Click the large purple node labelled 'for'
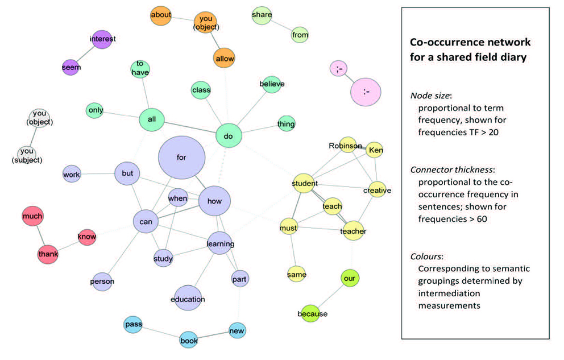(181, 156)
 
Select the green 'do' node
(229, 136)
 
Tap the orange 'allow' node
(224, 59)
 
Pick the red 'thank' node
(48, 254)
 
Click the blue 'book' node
(189, 341)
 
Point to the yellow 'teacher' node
(353, 231)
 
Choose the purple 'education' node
(188, 299)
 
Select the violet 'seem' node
(72, 67)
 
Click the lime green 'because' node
(312, 313)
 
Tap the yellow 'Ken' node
(375, 150)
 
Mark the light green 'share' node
(262, 15)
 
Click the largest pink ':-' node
(366, 92)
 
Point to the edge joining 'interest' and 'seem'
(87, 53)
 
